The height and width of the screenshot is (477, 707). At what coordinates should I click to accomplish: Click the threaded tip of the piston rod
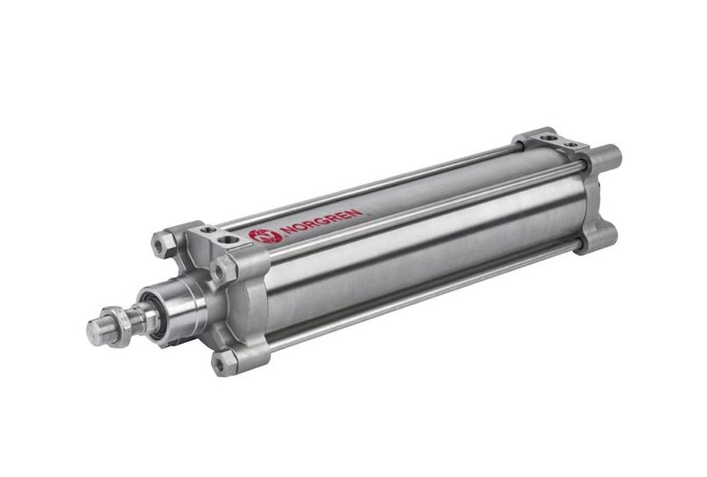[x=96, y=331]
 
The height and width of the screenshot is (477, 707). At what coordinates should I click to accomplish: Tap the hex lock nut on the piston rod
[x=116, y=325]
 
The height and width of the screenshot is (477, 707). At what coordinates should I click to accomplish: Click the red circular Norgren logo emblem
[x=265, y=236]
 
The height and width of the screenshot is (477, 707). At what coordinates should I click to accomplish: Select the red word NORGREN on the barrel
[x=321, y=221]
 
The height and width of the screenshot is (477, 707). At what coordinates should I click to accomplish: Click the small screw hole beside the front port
[x=208, y=230]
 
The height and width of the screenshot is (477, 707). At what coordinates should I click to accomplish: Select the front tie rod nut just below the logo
[x=221, y=270]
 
